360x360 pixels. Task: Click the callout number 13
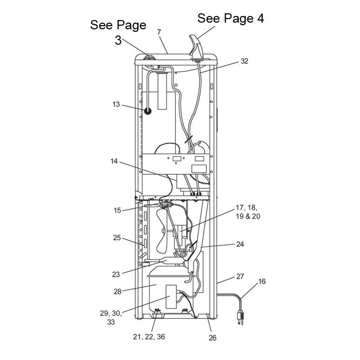click(x=116, y=104)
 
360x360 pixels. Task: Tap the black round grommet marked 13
click(x=148, y=112)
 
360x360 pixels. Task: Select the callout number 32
click(x=244, y=61)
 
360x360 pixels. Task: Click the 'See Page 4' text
click(x=230, y=19)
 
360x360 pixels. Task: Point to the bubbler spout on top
click(x=196, y=45)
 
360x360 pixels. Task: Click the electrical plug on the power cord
click(x=240, y=317)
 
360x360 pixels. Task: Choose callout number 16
click(x=262, y=281)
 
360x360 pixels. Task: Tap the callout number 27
click(x=240, y=277)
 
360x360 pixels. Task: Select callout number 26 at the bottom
click(x=212, y=338)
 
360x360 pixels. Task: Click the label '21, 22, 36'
click(x=149, y=336)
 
